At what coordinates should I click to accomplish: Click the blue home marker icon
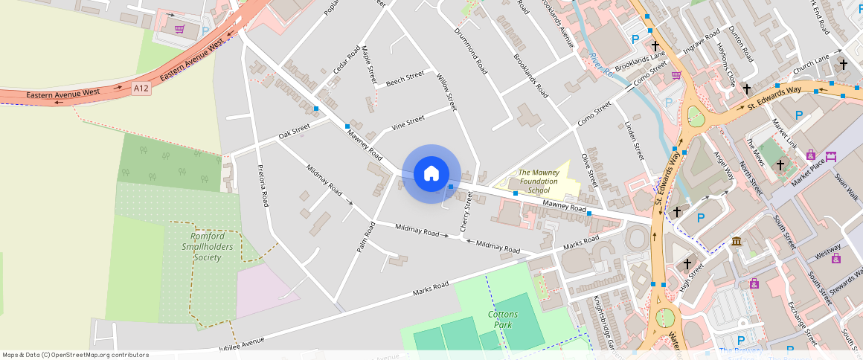[x=431, y=174]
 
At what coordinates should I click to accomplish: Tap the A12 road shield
[x=141, y=89]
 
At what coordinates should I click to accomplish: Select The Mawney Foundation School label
[x=539, y=181]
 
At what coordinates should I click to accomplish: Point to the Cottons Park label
[x=502, y=319]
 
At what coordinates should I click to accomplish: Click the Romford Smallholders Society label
[x=206, y=246]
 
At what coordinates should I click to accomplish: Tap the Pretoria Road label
[x=263, y=185]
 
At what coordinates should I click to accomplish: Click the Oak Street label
[x=294, y=132]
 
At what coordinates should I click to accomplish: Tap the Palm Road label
[x=365, y=236]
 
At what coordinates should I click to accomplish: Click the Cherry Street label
[x=466, y=211]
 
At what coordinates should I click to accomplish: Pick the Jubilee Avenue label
[x=242, y=343]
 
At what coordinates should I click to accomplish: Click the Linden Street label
[x=633, y=141]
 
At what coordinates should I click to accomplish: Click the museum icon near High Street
[x=737, y=242]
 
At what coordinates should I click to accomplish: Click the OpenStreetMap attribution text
[x=75, y=355]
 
